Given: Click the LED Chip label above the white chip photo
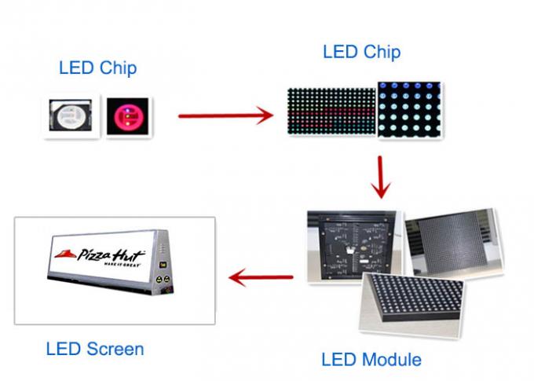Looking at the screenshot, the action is coord(97,68).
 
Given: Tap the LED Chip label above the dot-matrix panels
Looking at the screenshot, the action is coord(362,52).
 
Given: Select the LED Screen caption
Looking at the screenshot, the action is coord(95,349).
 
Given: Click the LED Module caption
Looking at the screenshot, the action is coord(371,360).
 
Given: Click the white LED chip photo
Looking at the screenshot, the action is coord(71,115).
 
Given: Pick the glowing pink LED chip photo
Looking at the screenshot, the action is coord(127,115).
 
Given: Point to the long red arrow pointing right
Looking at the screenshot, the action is coord(225,115).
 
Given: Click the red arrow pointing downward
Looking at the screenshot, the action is coord(381,177).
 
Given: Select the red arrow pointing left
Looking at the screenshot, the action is coord(261,277).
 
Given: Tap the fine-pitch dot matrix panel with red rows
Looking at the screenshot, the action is coord(331,111).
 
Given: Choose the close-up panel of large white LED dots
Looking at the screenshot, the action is coord(409,110).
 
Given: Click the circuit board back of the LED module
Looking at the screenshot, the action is coord(354,246).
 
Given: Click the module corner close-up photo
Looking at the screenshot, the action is coord(412,304).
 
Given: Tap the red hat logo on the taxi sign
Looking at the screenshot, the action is coord(65,255).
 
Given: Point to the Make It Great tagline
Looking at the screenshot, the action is coord(122,265).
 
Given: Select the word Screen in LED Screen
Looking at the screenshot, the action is coord(115,350).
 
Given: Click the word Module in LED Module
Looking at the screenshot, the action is coord(391,360).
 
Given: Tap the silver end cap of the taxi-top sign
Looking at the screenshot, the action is coord(162,261).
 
